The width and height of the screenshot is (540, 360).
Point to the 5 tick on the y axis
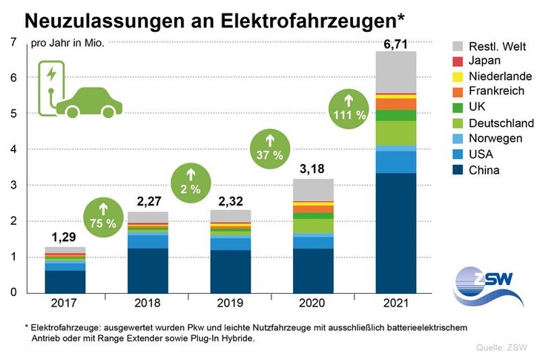[13, 114]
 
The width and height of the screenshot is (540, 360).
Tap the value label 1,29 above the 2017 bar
[65, 238]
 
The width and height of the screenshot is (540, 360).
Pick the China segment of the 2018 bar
[148, 270]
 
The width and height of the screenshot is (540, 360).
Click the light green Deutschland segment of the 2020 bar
[313, 226]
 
